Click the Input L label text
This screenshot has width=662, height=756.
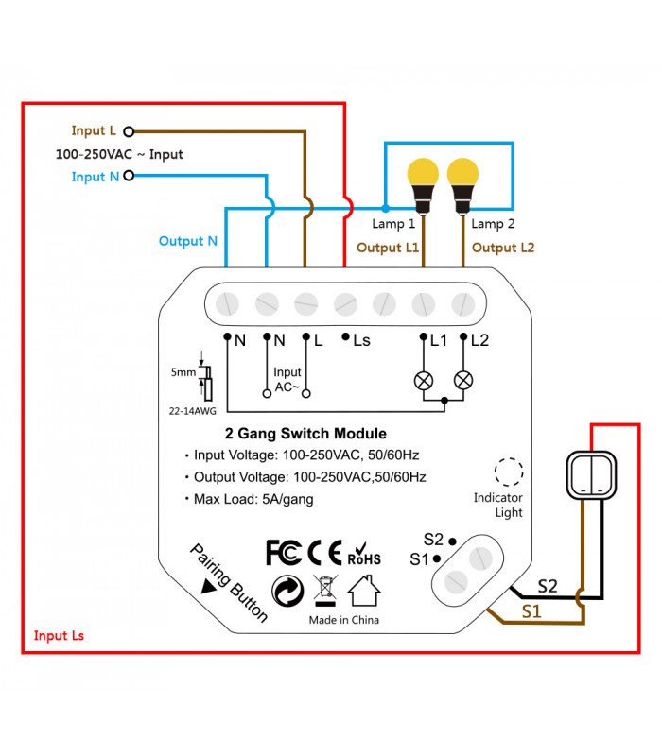point(94,131)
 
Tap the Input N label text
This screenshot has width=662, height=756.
point(95,177)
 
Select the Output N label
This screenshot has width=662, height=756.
point(188,241)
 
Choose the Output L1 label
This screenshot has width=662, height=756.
point(388,249)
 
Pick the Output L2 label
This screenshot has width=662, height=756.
point(503,249)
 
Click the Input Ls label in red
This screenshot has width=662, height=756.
point(59,636)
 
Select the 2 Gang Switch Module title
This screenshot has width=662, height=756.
point(305,434)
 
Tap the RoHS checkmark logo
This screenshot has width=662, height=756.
point(364,554)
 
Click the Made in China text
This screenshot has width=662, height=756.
point(344,620)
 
